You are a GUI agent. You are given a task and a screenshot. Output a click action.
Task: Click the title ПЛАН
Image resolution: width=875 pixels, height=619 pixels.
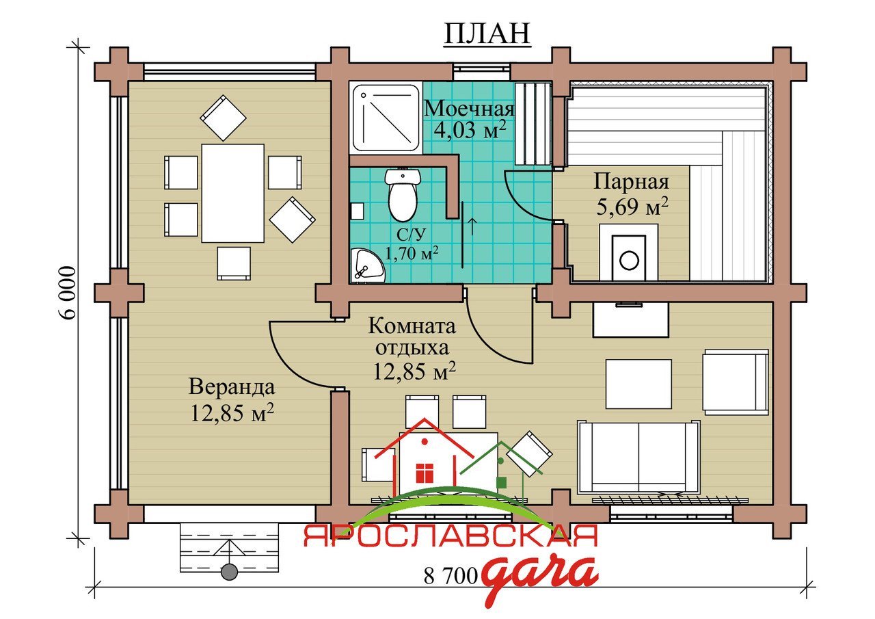(487, 34)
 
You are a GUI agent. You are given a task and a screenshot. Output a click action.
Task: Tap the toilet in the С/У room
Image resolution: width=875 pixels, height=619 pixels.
(403, 194)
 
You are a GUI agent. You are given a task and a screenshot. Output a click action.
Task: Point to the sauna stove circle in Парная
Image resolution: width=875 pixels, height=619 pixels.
(629, 260)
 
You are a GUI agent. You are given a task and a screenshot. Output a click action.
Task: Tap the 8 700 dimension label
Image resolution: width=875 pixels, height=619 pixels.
(450, 576)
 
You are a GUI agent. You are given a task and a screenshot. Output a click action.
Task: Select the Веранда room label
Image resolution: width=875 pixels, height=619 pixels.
(232, 386)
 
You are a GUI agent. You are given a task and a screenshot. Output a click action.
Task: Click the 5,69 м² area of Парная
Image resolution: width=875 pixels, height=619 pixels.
(632, 206)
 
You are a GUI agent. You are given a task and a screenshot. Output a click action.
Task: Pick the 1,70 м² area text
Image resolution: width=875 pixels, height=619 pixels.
(412, 254)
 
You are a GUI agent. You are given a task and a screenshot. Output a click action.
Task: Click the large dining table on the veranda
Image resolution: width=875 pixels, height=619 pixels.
(233, 193)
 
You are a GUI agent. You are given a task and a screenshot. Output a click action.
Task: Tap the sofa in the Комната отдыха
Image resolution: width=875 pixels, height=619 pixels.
(638, 457)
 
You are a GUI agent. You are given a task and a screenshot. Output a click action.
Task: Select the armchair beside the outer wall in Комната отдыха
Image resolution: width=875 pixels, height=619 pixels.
(736, 382)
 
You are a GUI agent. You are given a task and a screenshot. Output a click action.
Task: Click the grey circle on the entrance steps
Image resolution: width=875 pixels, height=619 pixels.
(229, 572)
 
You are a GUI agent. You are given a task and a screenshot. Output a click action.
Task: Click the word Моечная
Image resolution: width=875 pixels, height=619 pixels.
(469, 108)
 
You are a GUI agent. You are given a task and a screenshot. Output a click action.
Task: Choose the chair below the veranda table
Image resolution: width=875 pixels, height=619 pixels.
(234, 263)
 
